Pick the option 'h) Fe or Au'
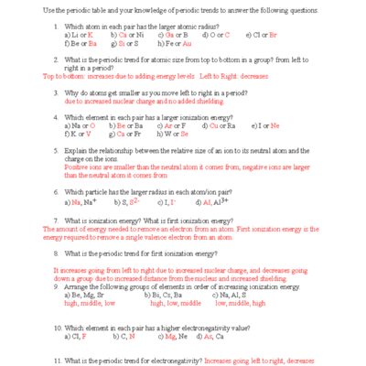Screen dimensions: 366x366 (175, 42)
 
